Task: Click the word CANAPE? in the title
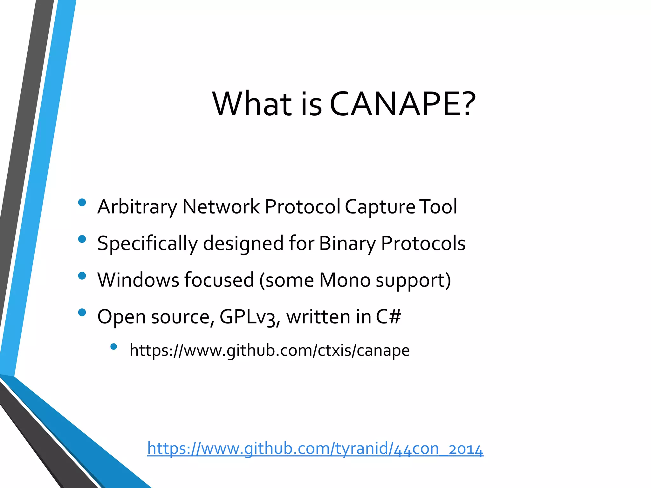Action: (402, 104)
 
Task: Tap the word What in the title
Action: (252, 104)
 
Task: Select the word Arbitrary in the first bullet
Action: (137, 207)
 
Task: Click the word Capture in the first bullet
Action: (380, 207)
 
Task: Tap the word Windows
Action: (138, 280)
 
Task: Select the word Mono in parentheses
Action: (345, 280)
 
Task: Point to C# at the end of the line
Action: (388, 317)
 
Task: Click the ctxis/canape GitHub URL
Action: (270, 350)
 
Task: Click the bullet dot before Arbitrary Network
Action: (82, 202)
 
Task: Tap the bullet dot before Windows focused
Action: (82, 275)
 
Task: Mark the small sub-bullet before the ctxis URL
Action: (113, 347)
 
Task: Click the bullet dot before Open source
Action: (82, 312)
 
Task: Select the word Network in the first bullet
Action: (221, 207)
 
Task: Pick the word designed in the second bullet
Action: (243, 244)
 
